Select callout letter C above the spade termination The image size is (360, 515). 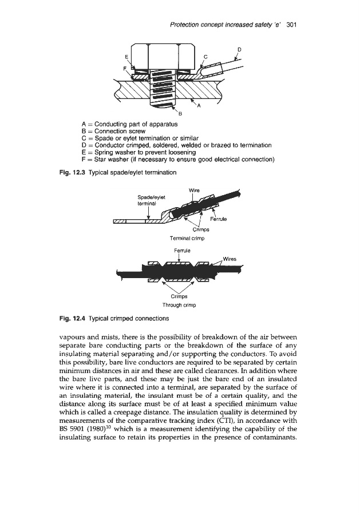coord(205,56)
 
